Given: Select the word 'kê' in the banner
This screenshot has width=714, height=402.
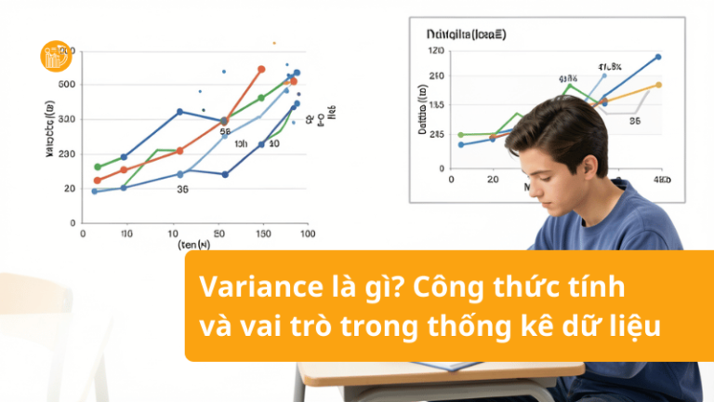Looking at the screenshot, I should pyautogui.click(x=524, y=327).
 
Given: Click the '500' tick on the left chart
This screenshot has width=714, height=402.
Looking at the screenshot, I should pyautogui.click(x=66, y=85).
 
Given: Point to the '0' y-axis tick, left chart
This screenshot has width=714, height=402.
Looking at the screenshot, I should pyautogui.click(x=71, y=222).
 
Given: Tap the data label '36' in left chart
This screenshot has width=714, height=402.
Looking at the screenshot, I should pyautogui.click(x=182, y=188).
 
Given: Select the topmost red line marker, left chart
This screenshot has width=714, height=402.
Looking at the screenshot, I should pyautogui.click(x=261, y=70).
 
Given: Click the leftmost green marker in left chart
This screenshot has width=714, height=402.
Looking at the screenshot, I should pyautogui.click(x=97, y=167).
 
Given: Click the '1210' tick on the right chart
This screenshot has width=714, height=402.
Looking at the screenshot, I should pyautogui.click(x=437, y=50).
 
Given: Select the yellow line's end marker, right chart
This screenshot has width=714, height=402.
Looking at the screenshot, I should pyautogui.click(x=658, y=85).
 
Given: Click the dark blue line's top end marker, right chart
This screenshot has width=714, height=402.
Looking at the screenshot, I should pyautogui.click(x=658, y=57).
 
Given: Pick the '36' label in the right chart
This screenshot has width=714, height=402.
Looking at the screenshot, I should pyautogui.click(x=635, y=120).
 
